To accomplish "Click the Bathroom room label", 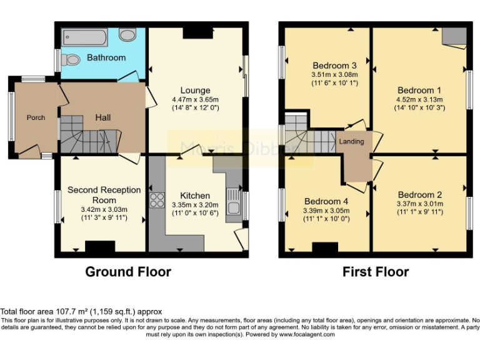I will pos(106,57).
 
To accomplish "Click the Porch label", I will pos(36,117).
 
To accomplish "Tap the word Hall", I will pos(103,117).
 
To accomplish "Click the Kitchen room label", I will pos(195,196).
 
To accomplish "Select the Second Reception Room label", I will pos(104,194).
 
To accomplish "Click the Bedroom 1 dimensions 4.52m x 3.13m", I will pos(419,99).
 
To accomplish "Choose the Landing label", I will pos(351,141).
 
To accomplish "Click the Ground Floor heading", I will pos(128,272).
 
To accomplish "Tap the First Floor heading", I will pos(376,272).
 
